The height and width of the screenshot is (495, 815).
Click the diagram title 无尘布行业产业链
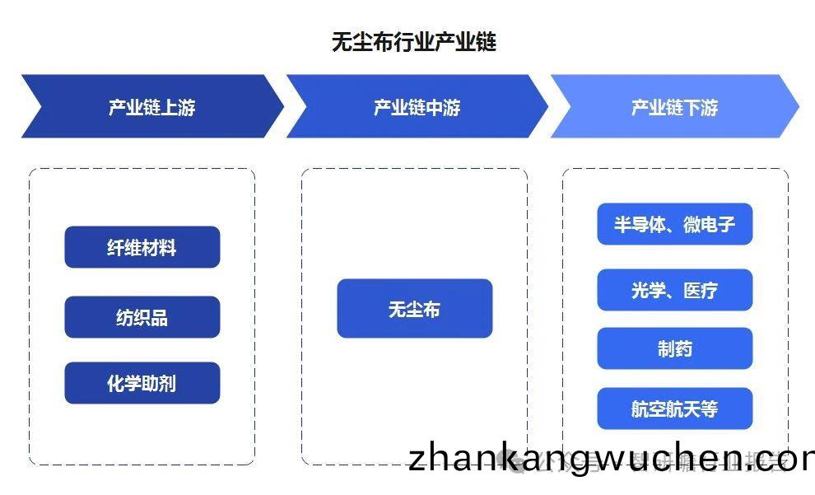414,42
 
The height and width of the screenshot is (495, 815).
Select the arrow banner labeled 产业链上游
151,107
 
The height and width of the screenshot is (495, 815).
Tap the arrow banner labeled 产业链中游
417,107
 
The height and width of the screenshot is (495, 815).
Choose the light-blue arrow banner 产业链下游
674,107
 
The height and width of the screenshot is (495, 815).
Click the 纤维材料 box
142,247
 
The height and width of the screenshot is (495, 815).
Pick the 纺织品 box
142,317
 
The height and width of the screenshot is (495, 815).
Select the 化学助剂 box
142,383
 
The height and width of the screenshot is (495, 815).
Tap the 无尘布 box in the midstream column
414,309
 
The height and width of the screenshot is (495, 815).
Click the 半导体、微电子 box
674,224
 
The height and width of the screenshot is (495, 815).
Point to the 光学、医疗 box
674,290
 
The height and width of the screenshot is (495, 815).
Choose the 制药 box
674,348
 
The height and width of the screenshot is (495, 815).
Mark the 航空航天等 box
674,409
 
